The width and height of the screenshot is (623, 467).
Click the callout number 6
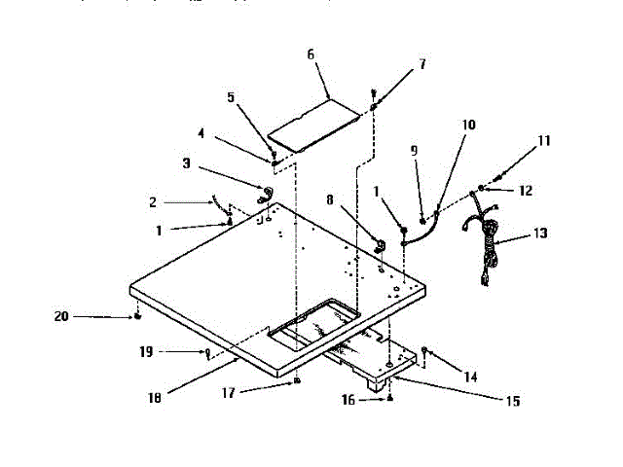[311, 55]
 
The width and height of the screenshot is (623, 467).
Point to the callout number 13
[540, 233]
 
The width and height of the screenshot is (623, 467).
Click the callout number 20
[61, 316]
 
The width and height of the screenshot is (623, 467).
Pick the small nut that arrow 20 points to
[139, 317]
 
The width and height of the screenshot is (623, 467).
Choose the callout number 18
[157, 396]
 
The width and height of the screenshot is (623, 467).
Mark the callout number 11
[544, 141]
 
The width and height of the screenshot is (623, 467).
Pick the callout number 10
[468, 125]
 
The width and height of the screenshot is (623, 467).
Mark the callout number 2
[152, 202]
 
